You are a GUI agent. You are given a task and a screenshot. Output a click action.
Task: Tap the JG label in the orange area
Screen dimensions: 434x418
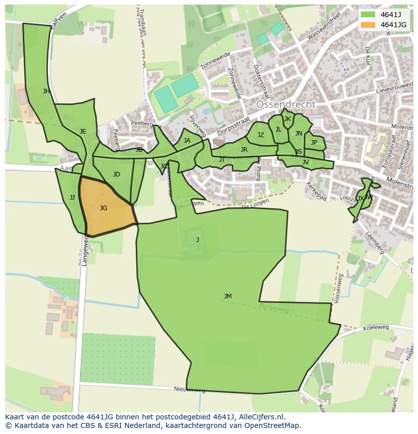tap(103, 208)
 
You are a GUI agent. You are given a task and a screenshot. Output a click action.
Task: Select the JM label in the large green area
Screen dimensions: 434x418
tap(228, 296)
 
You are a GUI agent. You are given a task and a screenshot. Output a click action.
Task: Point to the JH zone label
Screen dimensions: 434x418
tap(46, 91)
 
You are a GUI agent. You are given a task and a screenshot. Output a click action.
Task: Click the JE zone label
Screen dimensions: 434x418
tap(83, 132)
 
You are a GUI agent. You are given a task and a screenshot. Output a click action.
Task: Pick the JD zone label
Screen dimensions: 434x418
tap(117, 174)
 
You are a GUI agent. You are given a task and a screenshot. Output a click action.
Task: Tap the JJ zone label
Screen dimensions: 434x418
tap(72, 198)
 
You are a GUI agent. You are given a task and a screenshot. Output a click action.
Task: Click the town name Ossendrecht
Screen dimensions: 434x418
tap(286, 104)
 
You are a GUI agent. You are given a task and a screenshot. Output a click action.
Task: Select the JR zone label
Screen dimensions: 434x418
tap(244, 150)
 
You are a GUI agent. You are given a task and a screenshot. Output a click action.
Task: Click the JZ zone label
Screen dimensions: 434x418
tap(260, 135)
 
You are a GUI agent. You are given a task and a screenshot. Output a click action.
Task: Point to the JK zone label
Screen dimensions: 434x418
tap(287, 119)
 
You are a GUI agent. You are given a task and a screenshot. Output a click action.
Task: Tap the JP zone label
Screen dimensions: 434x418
tap(314, 143)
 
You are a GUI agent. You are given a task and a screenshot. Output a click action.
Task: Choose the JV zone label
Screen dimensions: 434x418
tap(305, 162)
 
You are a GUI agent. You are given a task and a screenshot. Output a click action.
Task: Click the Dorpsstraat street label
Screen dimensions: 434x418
tap(234, 128)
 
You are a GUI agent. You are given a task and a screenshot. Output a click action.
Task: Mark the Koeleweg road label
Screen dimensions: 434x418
tap(376, 327)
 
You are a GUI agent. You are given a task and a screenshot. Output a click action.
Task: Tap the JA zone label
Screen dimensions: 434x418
tap(187, 141)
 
